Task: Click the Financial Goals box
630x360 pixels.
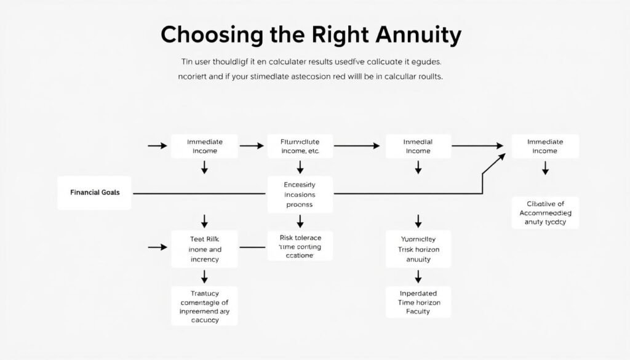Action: (94, 193)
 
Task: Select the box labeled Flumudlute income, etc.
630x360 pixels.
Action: (300, 146)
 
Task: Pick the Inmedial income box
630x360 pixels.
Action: (418, 146)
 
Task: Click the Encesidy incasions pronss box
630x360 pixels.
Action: (300, 194)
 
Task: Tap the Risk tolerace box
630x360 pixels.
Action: (300, 246)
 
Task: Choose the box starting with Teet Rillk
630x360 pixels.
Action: (204, 250)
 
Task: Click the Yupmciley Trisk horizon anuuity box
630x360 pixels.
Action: (418, 250)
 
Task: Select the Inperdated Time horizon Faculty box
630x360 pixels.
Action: (418, 302)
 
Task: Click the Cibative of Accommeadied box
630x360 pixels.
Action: (545, 212)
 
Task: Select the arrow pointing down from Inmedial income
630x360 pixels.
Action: (418, 167)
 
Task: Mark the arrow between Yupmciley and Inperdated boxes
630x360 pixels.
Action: (418, 276)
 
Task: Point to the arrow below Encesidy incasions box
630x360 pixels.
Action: (300, 221)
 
